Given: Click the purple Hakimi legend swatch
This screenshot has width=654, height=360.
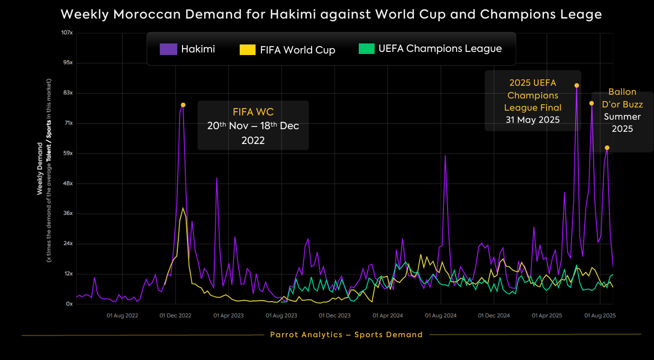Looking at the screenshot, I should (x=168, y=49).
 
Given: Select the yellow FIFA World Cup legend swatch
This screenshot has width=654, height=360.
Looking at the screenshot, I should (x=248, y=50).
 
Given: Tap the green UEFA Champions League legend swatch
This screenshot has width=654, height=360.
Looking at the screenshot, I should (x=366, y=49).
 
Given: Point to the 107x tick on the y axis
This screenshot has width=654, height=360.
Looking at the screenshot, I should (x=67, y=33).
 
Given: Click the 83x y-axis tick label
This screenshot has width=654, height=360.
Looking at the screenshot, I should (x=68, y=93).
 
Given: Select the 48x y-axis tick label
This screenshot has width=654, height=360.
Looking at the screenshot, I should (x=68, y=184).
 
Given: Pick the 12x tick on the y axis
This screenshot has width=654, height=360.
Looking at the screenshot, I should (x=68, y=274).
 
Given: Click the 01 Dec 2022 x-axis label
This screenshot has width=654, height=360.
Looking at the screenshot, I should (x=176, y=316).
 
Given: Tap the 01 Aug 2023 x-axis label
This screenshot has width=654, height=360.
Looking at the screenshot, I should (x=282, y=316).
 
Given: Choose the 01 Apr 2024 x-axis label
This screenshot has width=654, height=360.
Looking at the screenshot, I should (x=388, y=316).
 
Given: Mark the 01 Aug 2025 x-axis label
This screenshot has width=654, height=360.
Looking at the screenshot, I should (x=600, y=316).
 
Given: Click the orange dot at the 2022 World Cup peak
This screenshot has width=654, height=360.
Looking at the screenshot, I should (x=183, y=105).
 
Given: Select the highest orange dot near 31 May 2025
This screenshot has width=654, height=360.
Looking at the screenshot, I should (x=577, y=85).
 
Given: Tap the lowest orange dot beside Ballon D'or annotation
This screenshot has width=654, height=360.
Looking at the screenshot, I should (x=607, y=148).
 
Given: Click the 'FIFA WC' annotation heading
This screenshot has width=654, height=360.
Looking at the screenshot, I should (x=253, y=112).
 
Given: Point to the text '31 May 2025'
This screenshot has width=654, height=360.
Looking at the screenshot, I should (x=532, y=120).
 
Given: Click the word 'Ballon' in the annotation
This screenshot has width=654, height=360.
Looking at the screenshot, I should (x=622, y=92).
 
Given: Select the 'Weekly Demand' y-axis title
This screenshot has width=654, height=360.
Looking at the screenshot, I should (x=40, y=168).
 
